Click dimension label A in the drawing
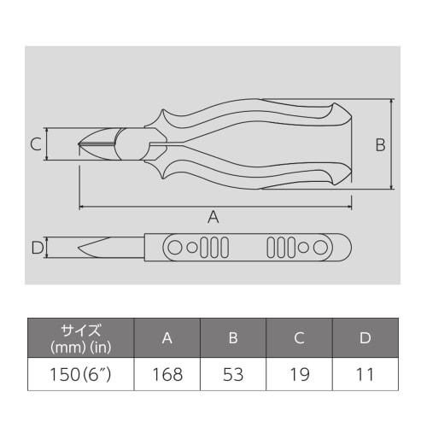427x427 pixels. (213, 217)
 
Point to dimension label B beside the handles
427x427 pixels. (380, 145)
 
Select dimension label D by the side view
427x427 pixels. (36, 249)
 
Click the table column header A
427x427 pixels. (167, 337)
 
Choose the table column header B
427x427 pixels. (233, 337)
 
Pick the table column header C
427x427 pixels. (299, 337)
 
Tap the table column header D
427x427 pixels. (365, 337)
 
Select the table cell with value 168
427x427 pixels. (167, 373)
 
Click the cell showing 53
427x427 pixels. (233, 373)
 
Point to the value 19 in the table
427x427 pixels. (299, 373)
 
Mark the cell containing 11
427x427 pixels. (365, 373)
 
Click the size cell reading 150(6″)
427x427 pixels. (81, 373)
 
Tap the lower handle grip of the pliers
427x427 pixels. (273, 176)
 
